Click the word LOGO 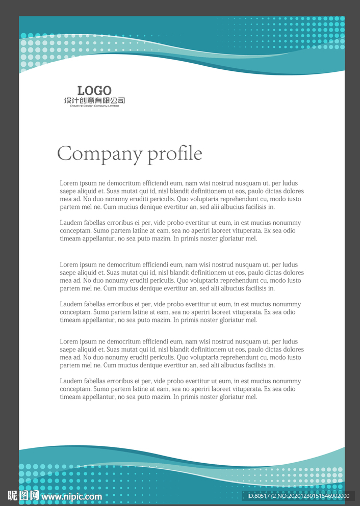pyautogui.click(x=94, y=91)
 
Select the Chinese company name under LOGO pyautogui.click(x=94, y=100)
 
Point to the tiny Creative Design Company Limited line pyautogui.click(x=94, y=105)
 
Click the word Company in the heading pyautogui.click(x=100, y=154)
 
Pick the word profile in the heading pyautogui.click(x=175, y=154)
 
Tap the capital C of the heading pyautogui.click(x=64, y=153)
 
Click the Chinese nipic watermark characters pyautogui.click(x=23, y=495)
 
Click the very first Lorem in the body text pyautogui.click(x=69, y=183)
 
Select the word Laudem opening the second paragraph pyautogui.click(x=71, y=223)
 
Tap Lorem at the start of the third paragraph pyautogui.click(x=69, y=265)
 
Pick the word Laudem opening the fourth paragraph pyautogui.click(x=71, y=304)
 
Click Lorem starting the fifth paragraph pyautogui.click(x=69, y=342)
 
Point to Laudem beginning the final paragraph pyautogui.click(x=71, y=381)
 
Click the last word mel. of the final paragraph pyautogui.click(x=251, y=397)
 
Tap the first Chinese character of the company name pyautogui.click(x=68, y=100)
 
